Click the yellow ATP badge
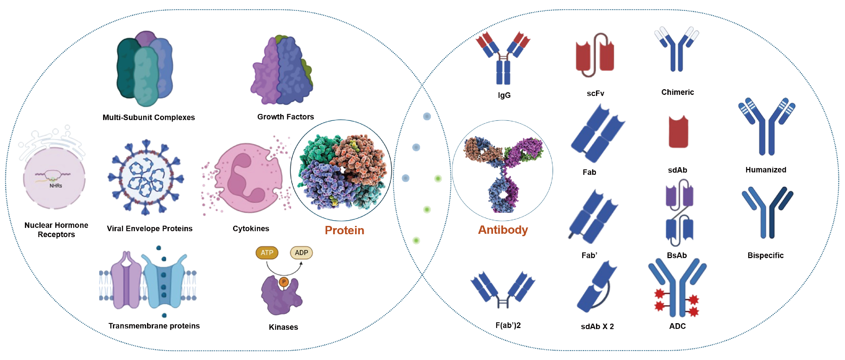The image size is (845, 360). (x=267, y=253)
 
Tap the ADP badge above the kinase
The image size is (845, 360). (x=301, y=253)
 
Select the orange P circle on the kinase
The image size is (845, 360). (x=284, y=282)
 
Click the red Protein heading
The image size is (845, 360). (x=345, y=230)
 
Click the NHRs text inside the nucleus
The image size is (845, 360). (x=56, y=186)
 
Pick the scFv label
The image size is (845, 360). (x=595, y=94)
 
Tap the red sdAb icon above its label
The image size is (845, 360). (x=678, y=132)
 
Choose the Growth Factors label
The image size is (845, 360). (x=285, y=117)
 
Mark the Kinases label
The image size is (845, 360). (x=283, y=327)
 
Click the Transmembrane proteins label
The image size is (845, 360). (x=154, y=326)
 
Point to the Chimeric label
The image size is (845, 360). (x=677, y=92)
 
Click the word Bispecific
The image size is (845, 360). (x=765, y=255)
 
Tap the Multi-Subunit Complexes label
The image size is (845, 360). (x=148, y=117)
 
